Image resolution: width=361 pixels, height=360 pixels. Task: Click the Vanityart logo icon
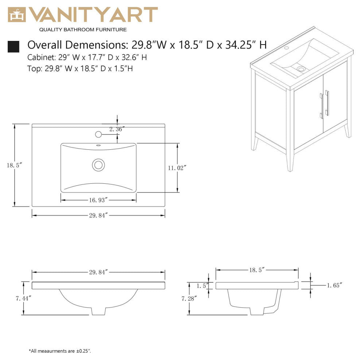click(x=17, y=15)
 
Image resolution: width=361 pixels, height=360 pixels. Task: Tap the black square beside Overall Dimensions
click(x=13, y=46)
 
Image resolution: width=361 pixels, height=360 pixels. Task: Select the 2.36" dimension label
click(x=117, y=129)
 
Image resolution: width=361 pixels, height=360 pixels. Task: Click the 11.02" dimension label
click(x=177, y=168)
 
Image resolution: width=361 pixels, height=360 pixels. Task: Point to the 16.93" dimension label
click(x=98, y=200)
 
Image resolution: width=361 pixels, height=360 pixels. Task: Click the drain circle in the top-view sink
click(x=98, y=165)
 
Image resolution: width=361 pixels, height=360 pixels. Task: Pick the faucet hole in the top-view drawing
click(x=98, y=134)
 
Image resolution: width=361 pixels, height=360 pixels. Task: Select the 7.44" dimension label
click(x=23, y=298)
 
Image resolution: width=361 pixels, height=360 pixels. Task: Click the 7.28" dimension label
click(x=189, y=298)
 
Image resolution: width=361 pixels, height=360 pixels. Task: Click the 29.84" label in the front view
click(x=98, y=272)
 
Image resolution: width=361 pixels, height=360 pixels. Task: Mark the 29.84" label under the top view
click(x=98, y=215)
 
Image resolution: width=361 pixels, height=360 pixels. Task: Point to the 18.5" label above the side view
click(x=257, y=270)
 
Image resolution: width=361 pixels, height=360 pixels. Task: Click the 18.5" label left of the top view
click(x=15, y=165)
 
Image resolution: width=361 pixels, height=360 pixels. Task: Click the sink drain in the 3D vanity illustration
click(x=301, y=68)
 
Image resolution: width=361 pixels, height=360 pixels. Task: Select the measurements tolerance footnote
click(x=60, y=351)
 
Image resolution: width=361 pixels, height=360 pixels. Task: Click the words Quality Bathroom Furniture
click(x=83, y=30)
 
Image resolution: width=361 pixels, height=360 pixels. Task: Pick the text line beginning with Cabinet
click(x=87, y=57)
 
